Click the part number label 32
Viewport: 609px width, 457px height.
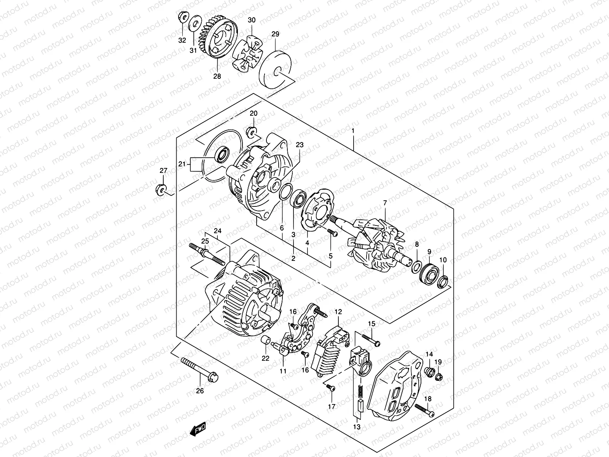(x=182, y=40)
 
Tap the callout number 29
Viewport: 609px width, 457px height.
(x=275, y=34)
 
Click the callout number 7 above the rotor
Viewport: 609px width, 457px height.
(x=385, y=203)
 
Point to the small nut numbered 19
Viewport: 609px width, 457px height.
(x=438, y=377)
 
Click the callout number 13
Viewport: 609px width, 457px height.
(x=356, y=427)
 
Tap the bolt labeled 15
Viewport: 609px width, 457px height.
(x=369, y=339)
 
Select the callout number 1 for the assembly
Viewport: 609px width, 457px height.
(x=353, y=131)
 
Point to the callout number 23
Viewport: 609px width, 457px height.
(x=300, y=145)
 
